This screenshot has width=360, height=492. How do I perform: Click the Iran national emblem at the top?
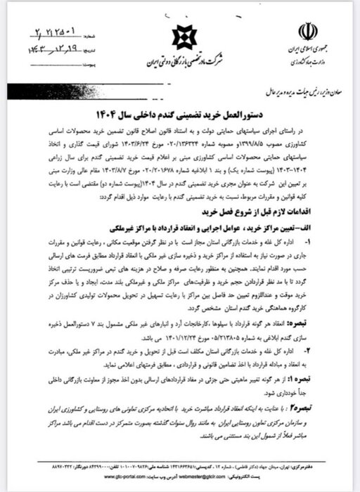(x=307, y=31)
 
